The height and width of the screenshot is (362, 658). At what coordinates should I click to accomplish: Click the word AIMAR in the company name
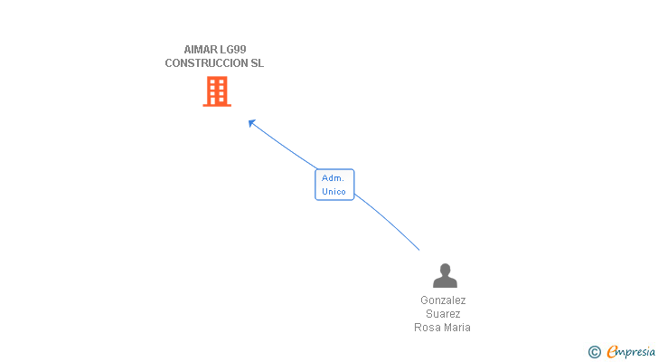(201, 49)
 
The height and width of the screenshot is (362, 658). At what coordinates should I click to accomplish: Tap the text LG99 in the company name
(232, 49)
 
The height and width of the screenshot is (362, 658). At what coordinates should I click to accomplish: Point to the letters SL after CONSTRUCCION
(257, 63)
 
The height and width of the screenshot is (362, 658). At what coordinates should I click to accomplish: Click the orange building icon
(216, 91)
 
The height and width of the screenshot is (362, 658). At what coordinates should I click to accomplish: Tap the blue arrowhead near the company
(252, 122)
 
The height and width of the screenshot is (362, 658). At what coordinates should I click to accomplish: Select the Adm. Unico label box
(334, 185)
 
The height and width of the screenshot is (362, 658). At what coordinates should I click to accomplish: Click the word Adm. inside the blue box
(333, 178)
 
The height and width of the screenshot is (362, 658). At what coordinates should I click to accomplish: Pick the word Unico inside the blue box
(334, 191)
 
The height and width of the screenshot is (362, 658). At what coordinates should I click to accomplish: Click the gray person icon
(445, 275)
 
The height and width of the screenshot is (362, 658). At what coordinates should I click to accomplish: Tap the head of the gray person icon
(445, 270)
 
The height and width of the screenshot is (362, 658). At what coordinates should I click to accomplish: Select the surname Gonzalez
(443, 300)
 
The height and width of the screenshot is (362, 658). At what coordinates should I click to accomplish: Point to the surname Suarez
(443, 313)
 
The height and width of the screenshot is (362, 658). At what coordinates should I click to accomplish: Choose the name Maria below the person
(457, 328)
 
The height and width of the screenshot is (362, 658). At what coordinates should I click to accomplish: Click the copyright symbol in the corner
(594, 352)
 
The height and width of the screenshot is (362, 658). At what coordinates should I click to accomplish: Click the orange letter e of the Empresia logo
(612, 352)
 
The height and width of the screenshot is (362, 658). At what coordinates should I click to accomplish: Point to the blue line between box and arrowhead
(285, 146)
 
